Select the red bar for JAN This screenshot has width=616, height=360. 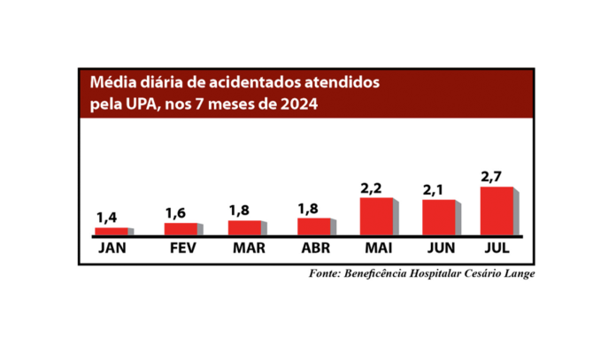111,232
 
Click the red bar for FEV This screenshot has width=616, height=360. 181,229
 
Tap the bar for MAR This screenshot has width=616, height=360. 245,227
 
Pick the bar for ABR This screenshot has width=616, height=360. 313,226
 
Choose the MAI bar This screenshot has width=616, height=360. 376,217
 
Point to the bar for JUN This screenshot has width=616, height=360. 438,218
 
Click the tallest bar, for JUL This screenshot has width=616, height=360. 497,211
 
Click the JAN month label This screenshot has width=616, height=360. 112,249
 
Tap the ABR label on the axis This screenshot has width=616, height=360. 313,249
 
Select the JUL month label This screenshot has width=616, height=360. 497,249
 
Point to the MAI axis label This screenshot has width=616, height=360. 378,249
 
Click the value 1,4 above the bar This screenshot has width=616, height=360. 106,217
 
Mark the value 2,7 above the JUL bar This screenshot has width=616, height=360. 491,176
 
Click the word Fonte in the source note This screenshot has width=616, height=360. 326,272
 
